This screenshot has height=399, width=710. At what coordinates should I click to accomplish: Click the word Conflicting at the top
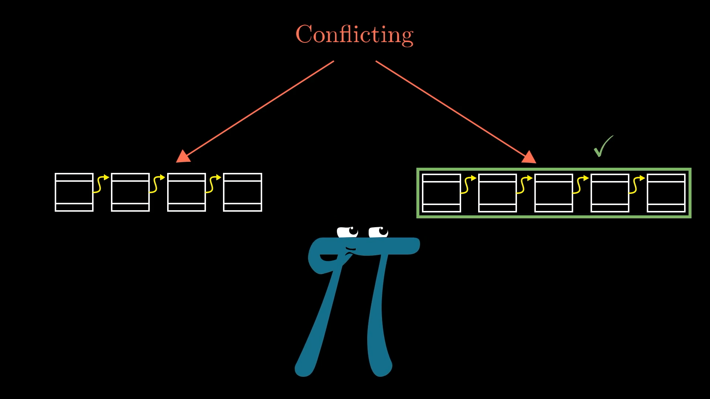point(354,35)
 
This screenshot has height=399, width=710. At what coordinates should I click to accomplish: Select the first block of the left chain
point(74,192)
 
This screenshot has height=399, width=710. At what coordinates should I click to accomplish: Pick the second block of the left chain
point(130,192)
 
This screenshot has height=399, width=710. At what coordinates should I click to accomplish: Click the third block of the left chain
point(186,192)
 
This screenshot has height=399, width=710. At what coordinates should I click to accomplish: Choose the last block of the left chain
point(243,192)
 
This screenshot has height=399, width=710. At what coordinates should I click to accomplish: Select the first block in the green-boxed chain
point(441,193)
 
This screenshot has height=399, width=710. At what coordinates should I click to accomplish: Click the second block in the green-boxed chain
point(497,193)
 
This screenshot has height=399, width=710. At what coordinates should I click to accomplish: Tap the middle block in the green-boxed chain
point(554,193)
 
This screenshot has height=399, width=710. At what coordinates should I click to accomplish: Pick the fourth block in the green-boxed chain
point(610,193)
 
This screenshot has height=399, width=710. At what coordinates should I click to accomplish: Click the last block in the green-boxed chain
point(666,193)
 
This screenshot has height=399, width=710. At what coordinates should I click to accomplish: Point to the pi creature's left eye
point(348,232)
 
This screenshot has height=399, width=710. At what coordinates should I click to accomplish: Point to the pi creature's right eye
point(378,232)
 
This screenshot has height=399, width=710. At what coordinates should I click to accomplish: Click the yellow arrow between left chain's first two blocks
point(101,184)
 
